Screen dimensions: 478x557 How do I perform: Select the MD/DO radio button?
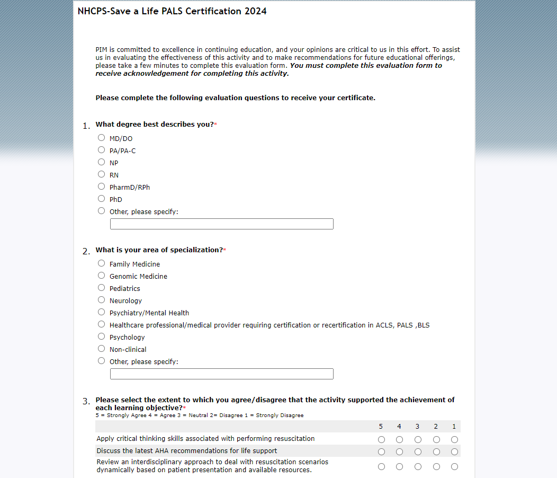click(102, 138)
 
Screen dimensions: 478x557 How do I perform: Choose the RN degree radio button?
click(102, 174)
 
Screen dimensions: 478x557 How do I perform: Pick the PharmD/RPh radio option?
click(102, 187)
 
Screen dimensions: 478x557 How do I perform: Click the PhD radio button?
click(102, 199)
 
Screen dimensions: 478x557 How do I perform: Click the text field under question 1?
click(221, 224)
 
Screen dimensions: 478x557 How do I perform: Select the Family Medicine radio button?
click(102, 263)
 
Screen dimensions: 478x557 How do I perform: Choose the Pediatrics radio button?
click(102, 288)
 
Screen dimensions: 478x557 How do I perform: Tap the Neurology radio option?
click(102, 300)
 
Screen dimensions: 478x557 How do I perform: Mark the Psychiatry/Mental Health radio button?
click(102, 312)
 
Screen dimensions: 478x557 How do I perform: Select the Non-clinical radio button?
click(102, 349)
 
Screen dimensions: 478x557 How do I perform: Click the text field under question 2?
click(221, 374)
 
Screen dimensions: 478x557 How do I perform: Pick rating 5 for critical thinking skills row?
click(381, 439)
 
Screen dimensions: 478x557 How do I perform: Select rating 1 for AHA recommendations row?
click(454, 452)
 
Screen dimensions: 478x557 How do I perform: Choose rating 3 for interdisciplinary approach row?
click(418, 466)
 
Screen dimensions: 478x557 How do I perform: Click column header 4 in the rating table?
click(399, 427)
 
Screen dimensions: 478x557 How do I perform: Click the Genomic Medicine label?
click(138, 276)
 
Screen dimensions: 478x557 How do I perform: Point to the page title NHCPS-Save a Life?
click(172, 11)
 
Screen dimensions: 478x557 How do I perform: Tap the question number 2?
click(86, 252)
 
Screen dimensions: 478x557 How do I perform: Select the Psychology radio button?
click(102, 337)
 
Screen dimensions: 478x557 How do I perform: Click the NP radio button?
click(102, 162)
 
